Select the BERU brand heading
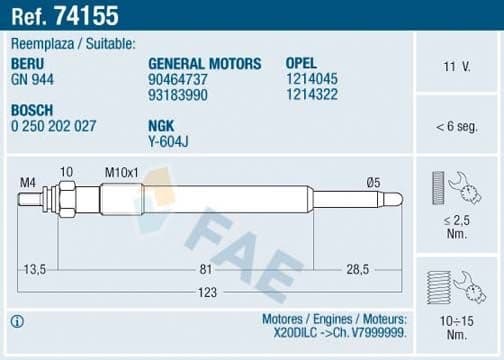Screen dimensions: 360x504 coord(28,63)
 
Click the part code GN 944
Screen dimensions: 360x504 coord(31,79)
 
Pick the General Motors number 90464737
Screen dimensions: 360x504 coord(178,79)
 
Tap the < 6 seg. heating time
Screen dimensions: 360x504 coord(457,126)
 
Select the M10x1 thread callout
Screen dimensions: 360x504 coord(123,172)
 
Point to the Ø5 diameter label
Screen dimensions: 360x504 coord(373,181)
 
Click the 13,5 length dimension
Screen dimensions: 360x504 coord(36,269)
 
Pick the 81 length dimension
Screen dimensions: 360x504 coord(203,269)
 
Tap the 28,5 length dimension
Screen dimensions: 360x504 coord(359,269)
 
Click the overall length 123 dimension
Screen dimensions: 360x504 coord(205,293)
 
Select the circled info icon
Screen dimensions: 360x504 coord(17,321)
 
